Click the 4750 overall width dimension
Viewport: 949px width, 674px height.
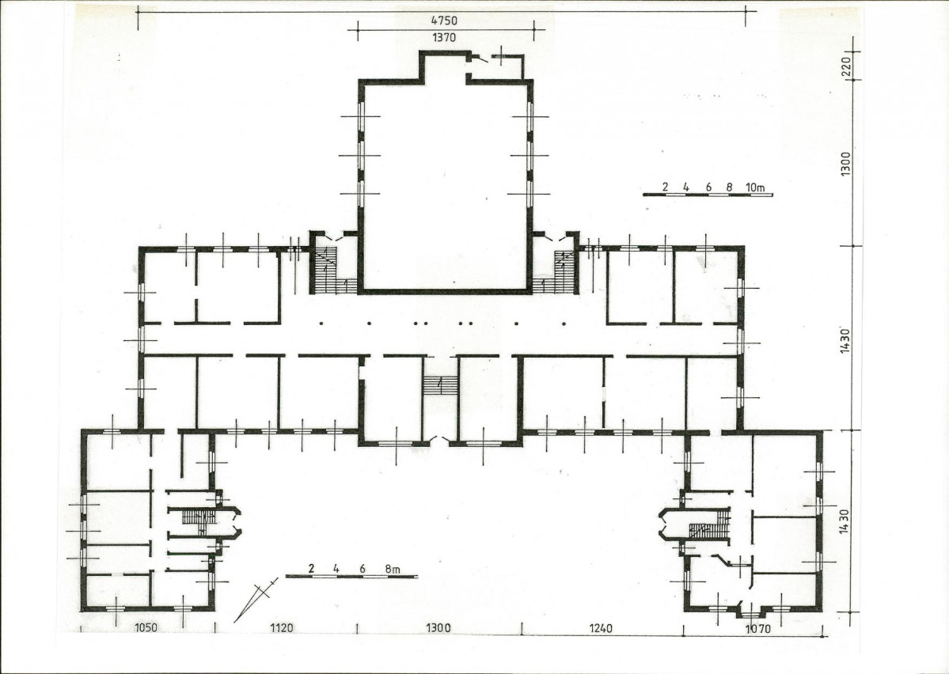444,21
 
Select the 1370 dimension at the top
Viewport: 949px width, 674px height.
444,37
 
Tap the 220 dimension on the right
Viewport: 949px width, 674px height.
847,63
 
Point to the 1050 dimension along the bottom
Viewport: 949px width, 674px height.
145,627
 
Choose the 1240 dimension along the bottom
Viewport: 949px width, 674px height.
601,628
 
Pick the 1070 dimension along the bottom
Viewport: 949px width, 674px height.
757,629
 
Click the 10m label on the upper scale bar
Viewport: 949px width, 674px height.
755,187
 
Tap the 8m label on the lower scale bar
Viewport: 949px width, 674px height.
393,569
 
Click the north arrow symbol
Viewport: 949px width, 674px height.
256,600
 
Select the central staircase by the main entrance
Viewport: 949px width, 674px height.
440,385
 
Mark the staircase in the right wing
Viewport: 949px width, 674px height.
710,524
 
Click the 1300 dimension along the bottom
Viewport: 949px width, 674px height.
438,627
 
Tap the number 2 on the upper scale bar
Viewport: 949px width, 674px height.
665,187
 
